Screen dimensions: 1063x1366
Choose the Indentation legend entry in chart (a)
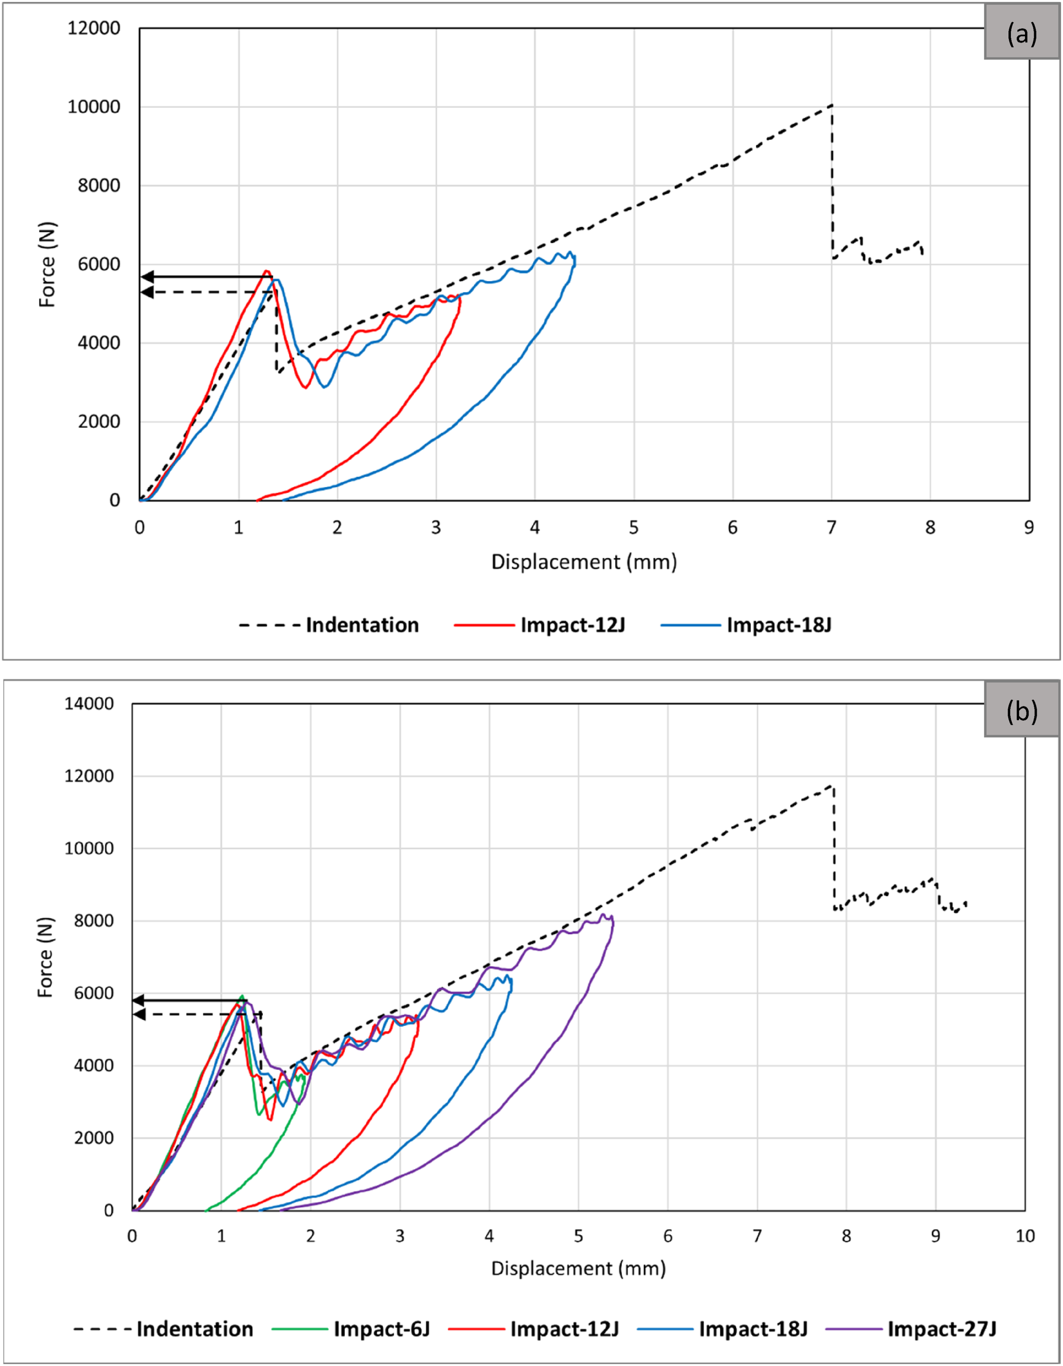pos(329,625)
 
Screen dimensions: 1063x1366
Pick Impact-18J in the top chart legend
pos(746,625)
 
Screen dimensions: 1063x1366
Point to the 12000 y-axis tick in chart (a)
pos(94,28)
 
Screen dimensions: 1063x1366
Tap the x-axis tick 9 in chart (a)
pos(1029,527)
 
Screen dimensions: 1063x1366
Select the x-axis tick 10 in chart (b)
pos(1025,1235)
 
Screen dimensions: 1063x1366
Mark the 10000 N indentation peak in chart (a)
pos(832,105)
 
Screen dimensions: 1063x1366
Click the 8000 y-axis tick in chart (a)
pos(99,186)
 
